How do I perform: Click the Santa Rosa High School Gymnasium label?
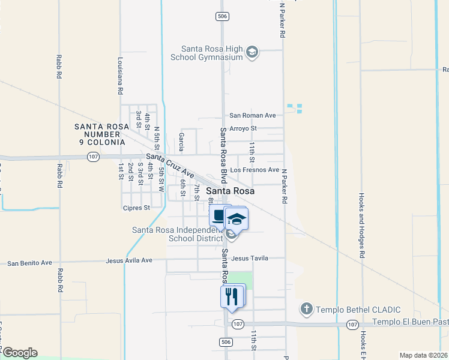pyautogui.click(x=213, y=53)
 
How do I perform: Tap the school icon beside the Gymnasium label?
pyautogui.click(x=253, y=53)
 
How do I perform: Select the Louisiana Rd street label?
pyautogui.click(x=121, y=76)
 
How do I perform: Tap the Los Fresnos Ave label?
pyautogui.click(x=255, y=170)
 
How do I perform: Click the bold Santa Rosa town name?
pyautogui.click(x=231, y=191)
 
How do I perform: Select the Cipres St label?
pyautogui.click(x=136, y=208)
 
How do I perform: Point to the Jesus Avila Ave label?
pyautogui.click(x=129, y=260)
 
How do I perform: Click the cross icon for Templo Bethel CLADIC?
pyautogui.click(x=306, y=309)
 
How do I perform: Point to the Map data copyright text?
pyautogui.click(x=423, y=355)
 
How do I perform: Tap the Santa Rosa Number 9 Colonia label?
pyautogui.click(x=100, y=134)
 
